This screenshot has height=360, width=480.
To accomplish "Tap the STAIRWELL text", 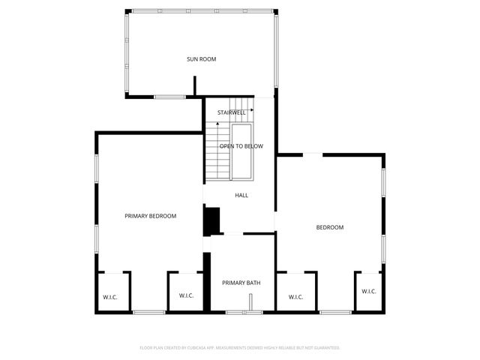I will [x=232, y=112].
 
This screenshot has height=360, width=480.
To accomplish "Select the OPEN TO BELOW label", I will [x=241, y=146].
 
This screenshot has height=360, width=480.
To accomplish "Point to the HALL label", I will [x=241, y=195].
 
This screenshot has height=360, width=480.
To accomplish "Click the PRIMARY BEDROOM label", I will [x=150, y=216].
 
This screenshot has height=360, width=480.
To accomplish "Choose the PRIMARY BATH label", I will [x=241, y=283].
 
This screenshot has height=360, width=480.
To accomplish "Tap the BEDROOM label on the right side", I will [x=329, y=227].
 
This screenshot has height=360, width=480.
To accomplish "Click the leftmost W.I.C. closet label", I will [x=111, y=296].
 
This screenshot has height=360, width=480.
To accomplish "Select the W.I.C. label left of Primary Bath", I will [x=186, y=295].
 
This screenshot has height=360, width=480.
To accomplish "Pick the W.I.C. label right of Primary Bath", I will [x=295, y=296].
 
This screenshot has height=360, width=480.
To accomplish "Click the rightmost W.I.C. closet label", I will [x=369, y=291].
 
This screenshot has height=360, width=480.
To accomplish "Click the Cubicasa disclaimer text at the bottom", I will [x=240, y=348].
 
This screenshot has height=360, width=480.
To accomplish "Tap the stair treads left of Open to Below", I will [x=217, y=150].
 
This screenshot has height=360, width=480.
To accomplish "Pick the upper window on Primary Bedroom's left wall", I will [x=96, y=168].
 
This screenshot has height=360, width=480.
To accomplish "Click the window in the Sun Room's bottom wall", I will [x=170, y=96].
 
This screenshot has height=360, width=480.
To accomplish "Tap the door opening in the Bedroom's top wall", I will [x=313, y=154].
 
